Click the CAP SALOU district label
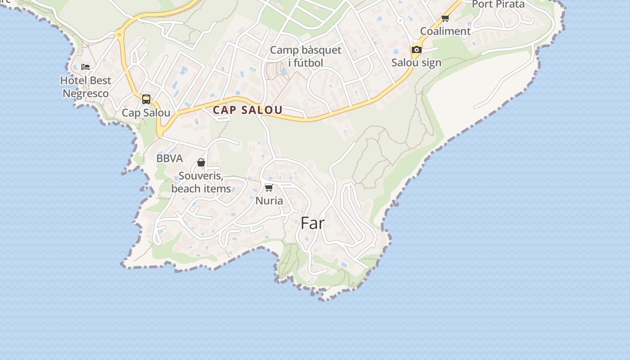pos(247,110)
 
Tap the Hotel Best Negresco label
pos(85,87)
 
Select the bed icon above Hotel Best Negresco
pos(85,67)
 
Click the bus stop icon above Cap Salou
pos(146,99)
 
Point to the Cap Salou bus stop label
pos(146,112)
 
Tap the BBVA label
pos(170,158)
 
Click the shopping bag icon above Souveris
pos(201,162)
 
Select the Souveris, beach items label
pos(201,182)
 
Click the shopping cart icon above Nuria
pos(269,188)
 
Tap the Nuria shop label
pos(269,201)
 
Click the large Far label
pos(312,223)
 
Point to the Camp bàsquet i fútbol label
pos(306,56)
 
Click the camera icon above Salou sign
pos(417,49)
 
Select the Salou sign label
pos(416,63)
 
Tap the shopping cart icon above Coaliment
pos(445,18)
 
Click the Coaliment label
pos(445,31)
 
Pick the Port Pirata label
pos(498,4)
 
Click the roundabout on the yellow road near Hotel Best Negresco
pos(119,34)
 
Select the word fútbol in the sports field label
pos(306,63)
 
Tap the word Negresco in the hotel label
pos(85,94)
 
